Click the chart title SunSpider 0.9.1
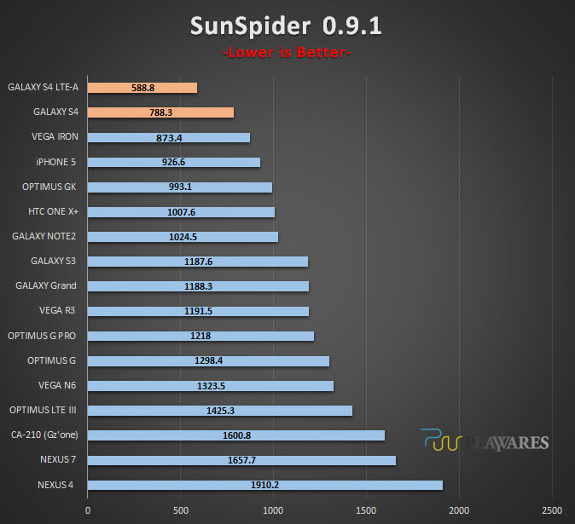[x=286, y=26]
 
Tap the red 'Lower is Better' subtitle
[x=287, y=52]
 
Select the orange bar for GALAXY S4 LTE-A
[x=142, y=88]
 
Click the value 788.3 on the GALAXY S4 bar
[x=160, y=112]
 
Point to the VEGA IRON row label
[x=55, y=136]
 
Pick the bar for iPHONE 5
[x=174, y=162]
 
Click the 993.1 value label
[x=180, y=187]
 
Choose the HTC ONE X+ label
[x=53, y=211]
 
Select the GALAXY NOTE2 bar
[x=183, y=237]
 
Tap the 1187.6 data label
[x=198, y=262]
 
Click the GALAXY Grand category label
[x=46, y=285]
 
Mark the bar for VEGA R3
[x=198, y=311]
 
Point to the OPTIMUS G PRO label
[x=42, y=336]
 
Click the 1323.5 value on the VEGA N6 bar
[x=211, y=386]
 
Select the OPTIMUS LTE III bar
[x=220, y=411]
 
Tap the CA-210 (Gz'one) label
[x=44, y=435]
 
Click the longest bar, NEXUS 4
[x=265, y=485]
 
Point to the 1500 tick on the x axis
[x=366, y=510]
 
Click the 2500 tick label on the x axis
[x=552, y=510]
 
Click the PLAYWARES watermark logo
[x=485, y=441]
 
